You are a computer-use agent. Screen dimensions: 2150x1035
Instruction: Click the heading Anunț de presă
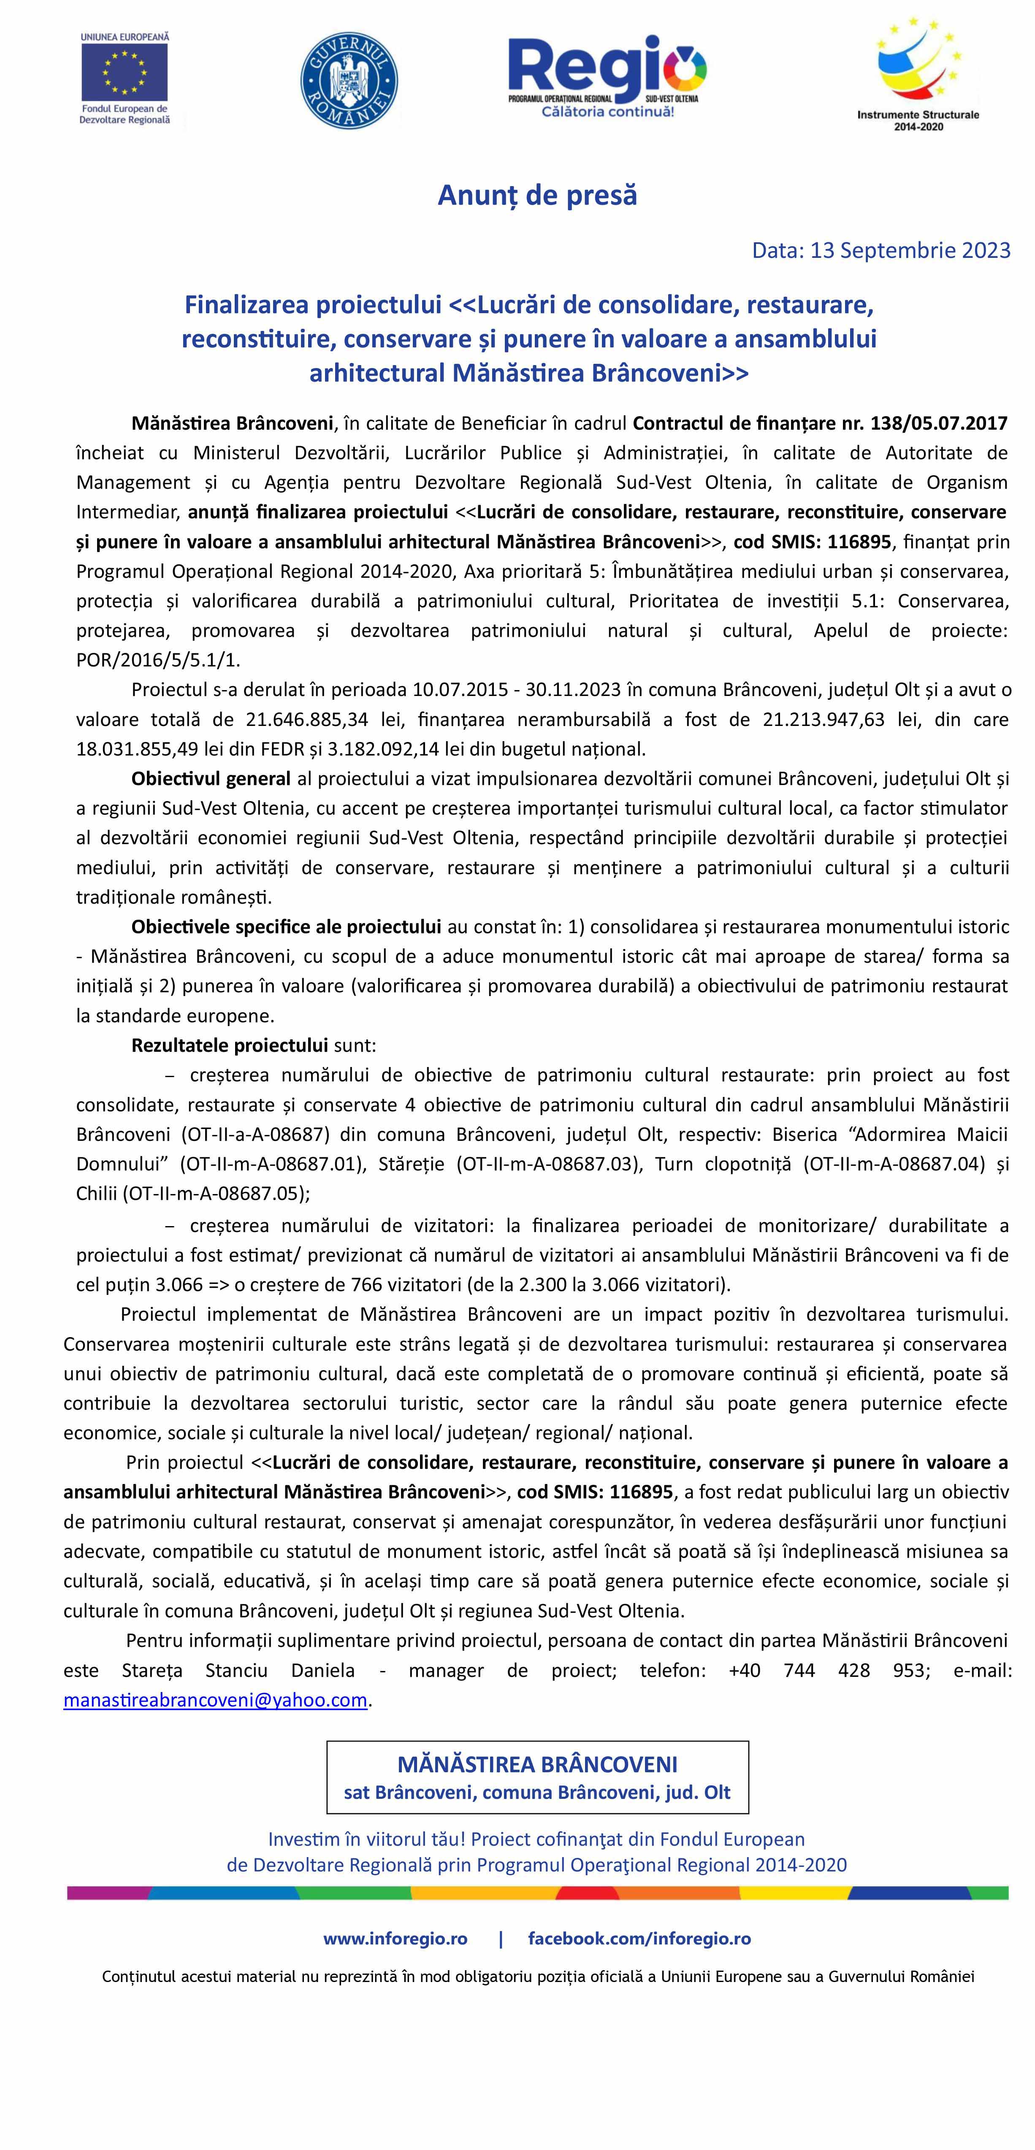point(537,195)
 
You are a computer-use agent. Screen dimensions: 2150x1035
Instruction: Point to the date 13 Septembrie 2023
point(910,250)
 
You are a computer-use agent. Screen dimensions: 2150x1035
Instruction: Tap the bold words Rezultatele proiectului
point(230,1045)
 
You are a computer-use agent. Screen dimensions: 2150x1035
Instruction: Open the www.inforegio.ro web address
point(396,1938)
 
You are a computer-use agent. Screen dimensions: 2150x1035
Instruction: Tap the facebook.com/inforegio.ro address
point(639,1938)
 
